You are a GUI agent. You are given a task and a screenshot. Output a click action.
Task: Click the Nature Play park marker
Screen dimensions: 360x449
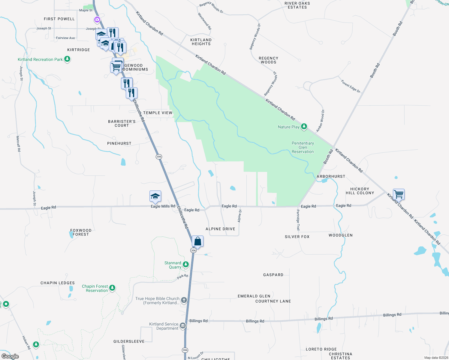pyautogui.click(x=304, y=127)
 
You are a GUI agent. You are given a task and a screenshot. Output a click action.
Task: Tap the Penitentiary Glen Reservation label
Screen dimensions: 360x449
pyautogui.click(x=303, y=147)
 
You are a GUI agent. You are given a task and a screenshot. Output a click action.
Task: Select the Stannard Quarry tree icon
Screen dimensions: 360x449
pyautogui.click(x=186, y=264)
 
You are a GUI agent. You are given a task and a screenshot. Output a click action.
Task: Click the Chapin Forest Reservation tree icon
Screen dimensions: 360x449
pyautogui.click(x=112, y=288)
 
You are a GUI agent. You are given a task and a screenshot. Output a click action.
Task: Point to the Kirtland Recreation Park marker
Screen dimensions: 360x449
pyautogui.click(x=68, y=59)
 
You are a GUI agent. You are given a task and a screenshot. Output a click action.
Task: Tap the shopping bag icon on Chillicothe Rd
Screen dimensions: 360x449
pyautogui.click(x=198, y=241)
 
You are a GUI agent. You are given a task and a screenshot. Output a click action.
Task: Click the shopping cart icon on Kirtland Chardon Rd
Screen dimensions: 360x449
pyautogui.click(x=399, y=194)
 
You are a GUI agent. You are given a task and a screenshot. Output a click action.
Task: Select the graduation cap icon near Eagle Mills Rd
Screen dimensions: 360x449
pyautogui.click(x=155, y=196)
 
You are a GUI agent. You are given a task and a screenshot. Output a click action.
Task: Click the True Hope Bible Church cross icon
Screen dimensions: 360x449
pyautogui.click(x=184, y=300)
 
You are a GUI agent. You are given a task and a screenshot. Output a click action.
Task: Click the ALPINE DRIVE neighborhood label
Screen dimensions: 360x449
pyautogui.click(x=220, y=229)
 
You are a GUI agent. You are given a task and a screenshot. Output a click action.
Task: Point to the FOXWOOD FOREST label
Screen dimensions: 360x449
pyautogui.click(x=81, y=232)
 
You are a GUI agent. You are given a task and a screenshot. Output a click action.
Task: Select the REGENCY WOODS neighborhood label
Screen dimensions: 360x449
pyautogui.click(x=268, y=60)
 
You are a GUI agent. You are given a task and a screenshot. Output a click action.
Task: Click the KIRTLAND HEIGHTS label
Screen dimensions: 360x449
pyautogui.click(x=201, y=42)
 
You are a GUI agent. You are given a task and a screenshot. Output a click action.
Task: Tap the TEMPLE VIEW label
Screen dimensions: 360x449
pyautogui.click(x=158, y=113)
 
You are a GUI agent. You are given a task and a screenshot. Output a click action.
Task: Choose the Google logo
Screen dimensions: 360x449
pyautogui.click(x=10, y=356)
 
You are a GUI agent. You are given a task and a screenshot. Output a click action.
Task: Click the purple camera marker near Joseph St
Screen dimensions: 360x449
pyautogui.click(x=97, y=20)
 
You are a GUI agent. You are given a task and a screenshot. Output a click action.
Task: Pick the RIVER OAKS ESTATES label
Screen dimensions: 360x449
pyautogui.click(x=297, y=5)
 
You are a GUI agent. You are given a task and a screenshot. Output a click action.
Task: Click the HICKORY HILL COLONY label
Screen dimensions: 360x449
pyautogui.click(x=360, y=191)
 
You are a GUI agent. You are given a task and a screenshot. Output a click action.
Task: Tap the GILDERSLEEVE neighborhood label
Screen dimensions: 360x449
pyautogui.click(x=129, y=341)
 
